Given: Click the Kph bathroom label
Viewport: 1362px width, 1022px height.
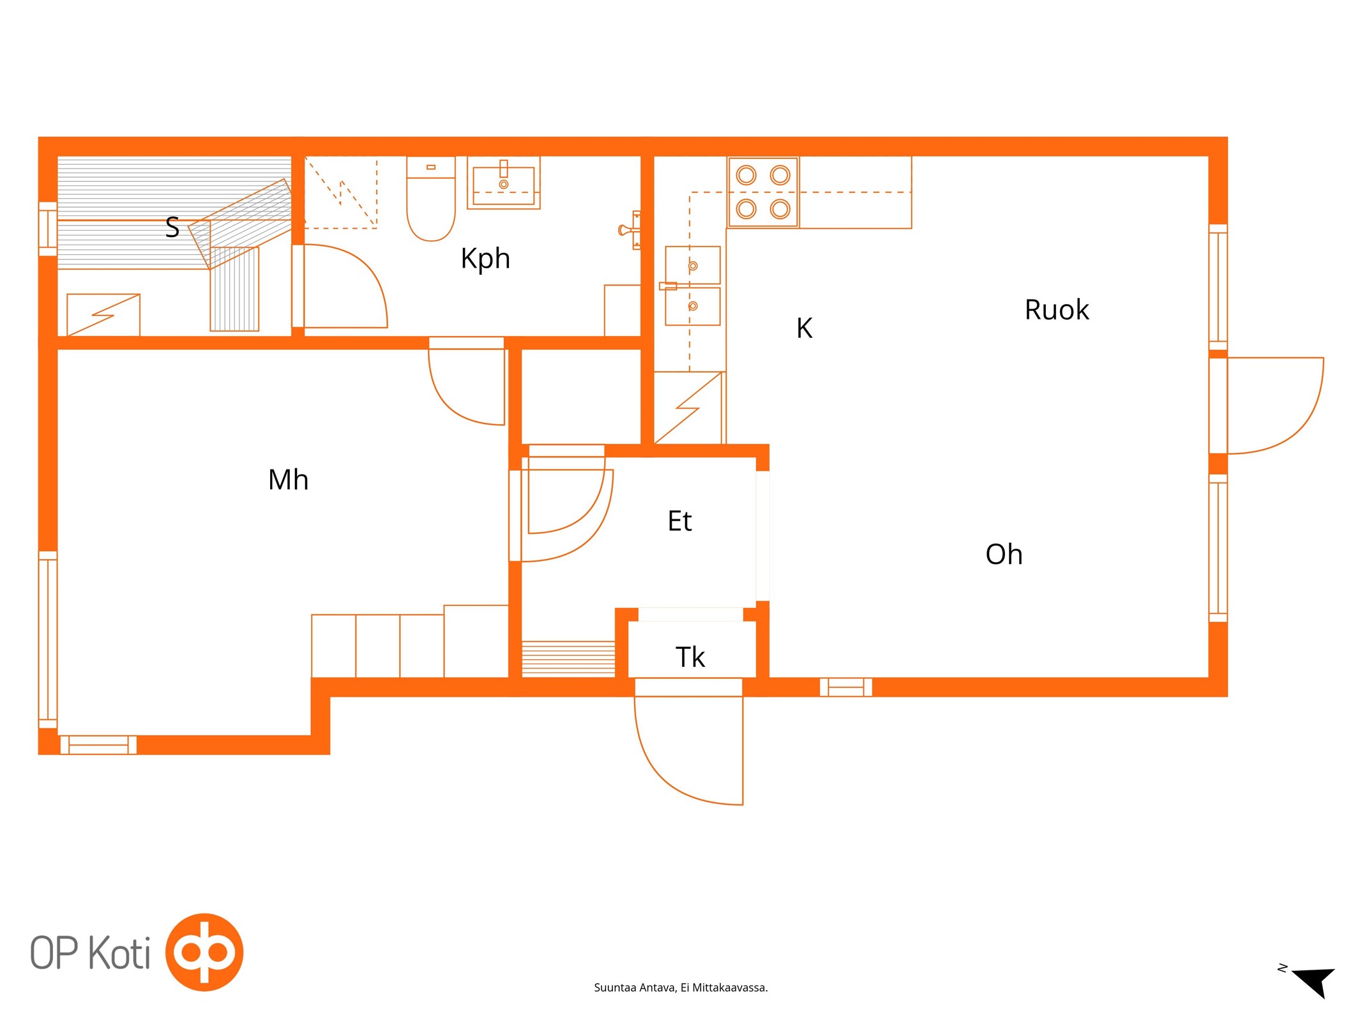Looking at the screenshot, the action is pyautogui.click(x=485, y=259).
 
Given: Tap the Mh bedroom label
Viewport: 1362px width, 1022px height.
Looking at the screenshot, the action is pyautogui.click(x=288, y=480).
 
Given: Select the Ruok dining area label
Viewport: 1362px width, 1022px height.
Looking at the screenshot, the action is pyautogui.click(x=1057, y=310).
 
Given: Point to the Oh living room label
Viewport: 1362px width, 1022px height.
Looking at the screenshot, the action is pyautogui.click(x=1004, y=554).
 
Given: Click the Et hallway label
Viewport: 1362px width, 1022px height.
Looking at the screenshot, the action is pyautogui.click(x=679, y=521).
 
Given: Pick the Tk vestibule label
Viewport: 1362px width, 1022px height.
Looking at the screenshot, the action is pyautogui.click(x=690, y=657).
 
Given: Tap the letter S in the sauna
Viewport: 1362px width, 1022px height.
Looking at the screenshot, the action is pyautogui.click(x=172, y=227).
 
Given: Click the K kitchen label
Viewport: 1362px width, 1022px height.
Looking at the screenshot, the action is pyautogui.click(x=804, y=328).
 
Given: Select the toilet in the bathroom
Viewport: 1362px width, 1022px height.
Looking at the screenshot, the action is pyautogui.click(x=431, y=199).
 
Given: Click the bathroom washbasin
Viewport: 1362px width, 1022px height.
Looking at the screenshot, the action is pyautogui.click(x=504, y=183).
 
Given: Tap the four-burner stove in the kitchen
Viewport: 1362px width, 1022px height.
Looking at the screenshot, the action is pyautogui.click(x=763, y=192).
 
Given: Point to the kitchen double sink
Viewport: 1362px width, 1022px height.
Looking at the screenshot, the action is pyautogui.click(x=693, y=286).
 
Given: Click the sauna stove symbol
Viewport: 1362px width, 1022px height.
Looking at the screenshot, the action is pyautogui.click(x=103, y=315).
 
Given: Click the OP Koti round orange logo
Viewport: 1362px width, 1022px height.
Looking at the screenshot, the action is pyautogui.click(x=204, y=952).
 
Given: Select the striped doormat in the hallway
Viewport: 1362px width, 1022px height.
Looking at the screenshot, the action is pyautogui.click(x=568, y=659).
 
